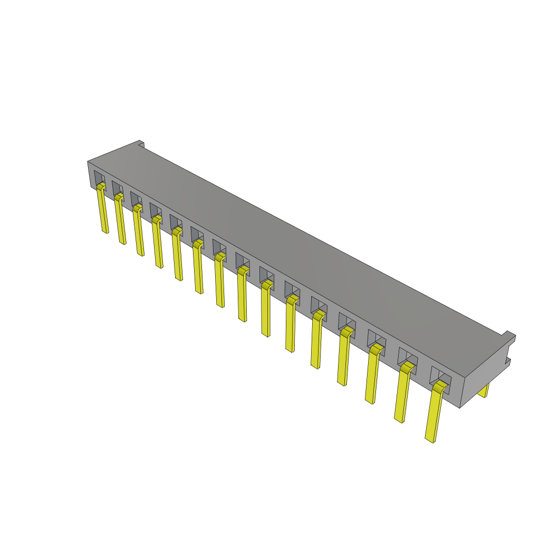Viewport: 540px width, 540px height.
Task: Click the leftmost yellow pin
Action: click(103, 211)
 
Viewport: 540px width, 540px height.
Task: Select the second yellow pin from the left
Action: click(121, 221)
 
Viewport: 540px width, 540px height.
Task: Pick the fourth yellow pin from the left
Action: click(158, 244)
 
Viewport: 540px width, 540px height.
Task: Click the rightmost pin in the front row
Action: click(434, 417)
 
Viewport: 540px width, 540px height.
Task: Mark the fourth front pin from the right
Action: click(344, 359)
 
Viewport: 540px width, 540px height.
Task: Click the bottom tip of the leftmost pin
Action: click(105, 231)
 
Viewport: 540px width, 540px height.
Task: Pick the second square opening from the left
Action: click(117, 188)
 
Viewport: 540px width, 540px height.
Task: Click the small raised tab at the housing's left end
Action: click(141, 143)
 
